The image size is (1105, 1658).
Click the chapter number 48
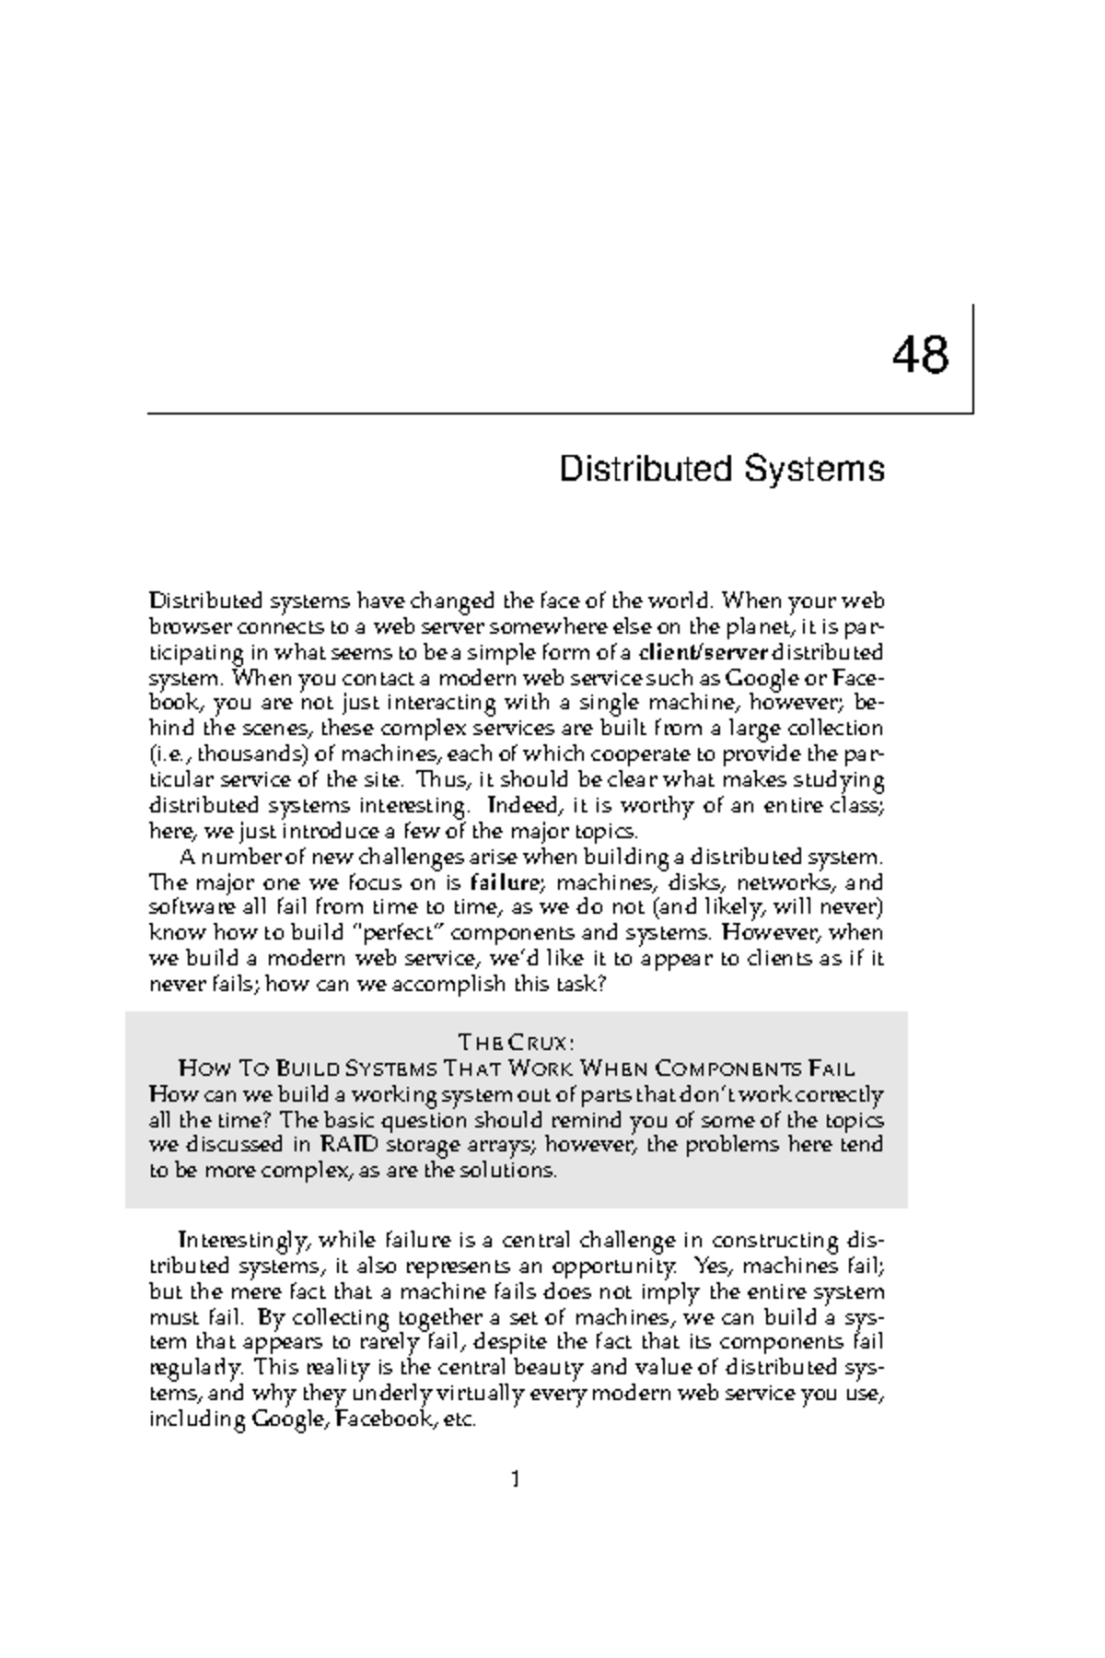(x=920, y=356)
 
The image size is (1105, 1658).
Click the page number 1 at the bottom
(x=516, y=1480)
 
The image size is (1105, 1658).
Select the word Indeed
(x=521, y=806)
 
